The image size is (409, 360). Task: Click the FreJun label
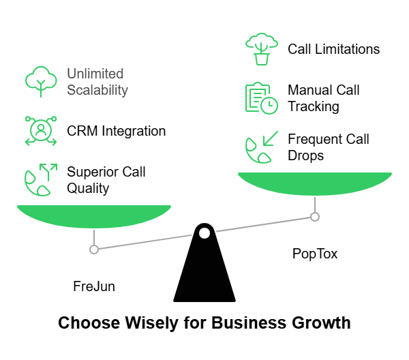[94, 286]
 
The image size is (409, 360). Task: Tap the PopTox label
[315, 254]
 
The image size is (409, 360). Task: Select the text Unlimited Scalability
[97, 81]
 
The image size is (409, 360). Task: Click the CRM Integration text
[116, 130]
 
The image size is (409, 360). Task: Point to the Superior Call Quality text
[106, 179]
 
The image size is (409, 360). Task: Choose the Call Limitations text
[333, 49]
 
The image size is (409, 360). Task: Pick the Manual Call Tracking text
[323, 98]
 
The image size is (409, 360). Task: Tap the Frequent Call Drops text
[328, 147]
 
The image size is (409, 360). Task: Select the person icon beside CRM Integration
[41, 130]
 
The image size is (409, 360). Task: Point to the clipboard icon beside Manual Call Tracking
[261, 98]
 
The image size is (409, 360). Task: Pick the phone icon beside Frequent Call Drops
[261, 147]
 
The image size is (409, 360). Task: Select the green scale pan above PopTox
[315, 183]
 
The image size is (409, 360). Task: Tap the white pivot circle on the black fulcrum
[204, 233]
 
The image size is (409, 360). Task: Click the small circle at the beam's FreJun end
[94, 250]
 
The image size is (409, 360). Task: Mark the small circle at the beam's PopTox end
[315, 217]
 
